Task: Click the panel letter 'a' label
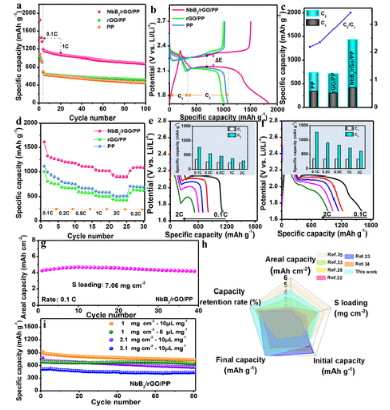point(19,6)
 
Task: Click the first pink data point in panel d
point(44,142)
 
